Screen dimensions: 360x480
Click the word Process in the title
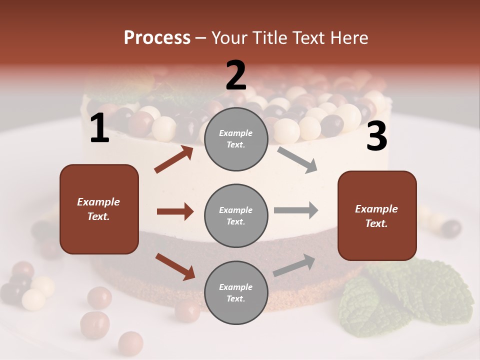pos(157,38)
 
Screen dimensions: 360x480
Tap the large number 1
pos(99,129)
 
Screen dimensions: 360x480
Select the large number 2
pos(236,75)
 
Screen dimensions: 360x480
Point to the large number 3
pos(376,136)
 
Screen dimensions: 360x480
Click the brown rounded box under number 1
pos(99,209)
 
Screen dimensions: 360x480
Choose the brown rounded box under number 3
pos(377,215)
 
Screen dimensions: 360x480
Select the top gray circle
pos(236,139)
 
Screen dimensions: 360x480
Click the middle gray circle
pos(236,215)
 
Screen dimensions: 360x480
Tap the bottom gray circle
pos(236,292)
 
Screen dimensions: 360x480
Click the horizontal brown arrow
pos(175,211)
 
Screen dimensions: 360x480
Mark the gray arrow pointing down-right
pos(297,160)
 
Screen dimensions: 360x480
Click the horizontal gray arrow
pos(295,210)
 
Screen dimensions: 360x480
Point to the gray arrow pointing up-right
pos(294,265)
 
